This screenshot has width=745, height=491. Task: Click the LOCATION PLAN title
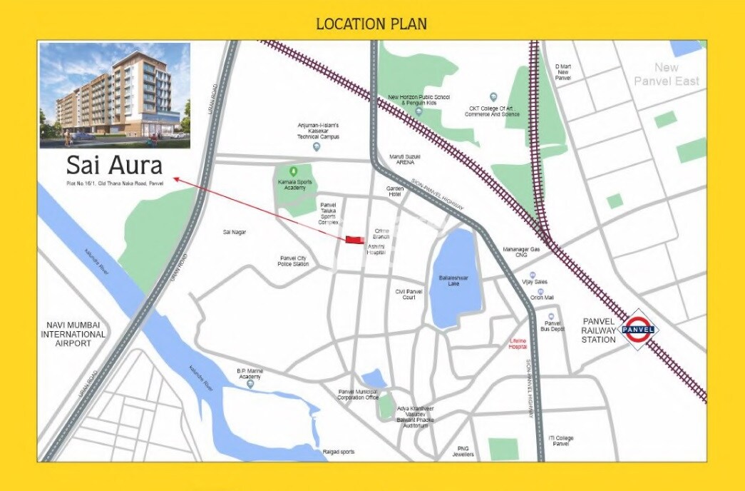point(371,24)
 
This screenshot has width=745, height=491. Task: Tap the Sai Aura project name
point(114,166)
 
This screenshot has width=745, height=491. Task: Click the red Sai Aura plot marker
point(353,239)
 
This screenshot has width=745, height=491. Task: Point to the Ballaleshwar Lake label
point(449,280)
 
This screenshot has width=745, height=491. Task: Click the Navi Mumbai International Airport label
point(73,334)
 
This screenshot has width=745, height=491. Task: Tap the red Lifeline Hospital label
point(518,344)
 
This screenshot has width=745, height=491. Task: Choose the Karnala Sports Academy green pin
point(292,171)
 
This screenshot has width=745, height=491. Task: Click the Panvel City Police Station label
point(293,261)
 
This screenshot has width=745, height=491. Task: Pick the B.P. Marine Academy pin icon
point(250,384)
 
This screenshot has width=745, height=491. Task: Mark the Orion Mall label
point(542,298)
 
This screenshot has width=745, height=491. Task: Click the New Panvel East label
point(667,74)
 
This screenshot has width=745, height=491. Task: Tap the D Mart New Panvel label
point(564,71)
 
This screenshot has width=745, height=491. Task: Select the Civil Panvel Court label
point(409,294)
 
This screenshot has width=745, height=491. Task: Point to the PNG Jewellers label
point(463,452)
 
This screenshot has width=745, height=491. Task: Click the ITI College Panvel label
point(561,441)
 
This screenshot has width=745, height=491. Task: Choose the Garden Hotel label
point(395,191)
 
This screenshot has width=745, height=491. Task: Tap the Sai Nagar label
point(235,232)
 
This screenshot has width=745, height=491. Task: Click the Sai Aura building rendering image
point(115,95)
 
